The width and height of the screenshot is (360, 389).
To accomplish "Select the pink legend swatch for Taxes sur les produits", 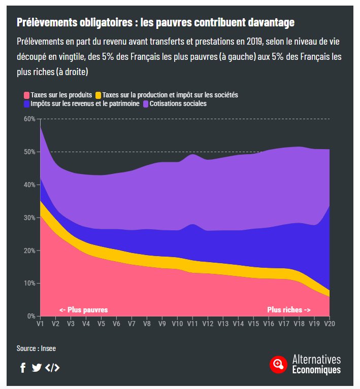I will [x=26, y=95].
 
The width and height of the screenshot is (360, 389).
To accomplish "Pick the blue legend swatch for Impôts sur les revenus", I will [x=26, y=103].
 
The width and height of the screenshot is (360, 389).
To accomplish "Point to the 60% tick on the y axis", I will [x=29, y=119].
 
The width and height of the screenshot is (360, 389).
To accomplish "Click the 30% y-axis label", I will [x=29, y=218].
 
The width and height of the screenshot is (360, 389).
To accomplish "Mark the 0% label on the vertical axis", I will [x=30, y=316].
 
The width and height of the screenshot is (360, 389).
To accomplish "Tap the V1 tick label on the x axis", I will [x=40, y=324].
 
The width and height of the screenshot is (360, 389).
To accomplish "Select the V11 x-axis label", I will [x=192, y=324].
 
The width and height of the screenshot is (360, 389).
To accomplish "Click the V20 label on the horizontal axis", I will [x=330, y=324].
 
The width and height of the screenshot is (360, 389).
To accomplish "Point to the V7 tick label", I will [x=132, y=324].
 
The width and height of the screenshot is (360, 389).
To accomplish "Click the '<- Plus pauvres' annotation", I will [x=83, y=309].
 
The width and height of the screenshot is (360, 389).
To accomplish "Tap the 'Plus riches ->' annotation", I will [x=289, y=309].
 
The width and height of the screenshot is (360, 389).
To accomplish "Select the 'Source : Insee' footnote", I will [x=36, y=348].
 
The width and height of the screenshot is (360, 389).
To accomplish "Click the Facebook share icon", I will [x=23, y=368].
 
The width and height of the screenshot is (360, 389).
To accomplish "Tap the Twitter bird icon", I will [x=37, y=368].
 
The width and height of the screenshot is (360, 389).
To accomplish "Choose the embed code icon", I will [x=52, y=368].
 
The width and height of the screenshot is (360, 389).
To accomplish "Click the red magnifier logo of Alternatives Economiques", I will [x=278, y=364].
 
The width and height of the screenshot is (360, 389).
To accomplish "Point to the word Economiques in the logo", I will [x=316, y=370].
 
